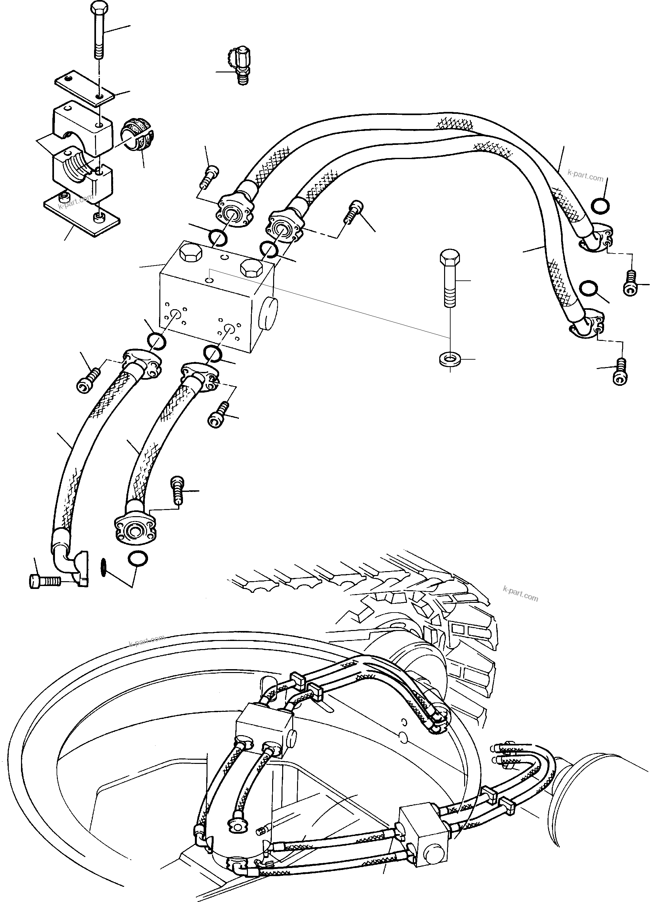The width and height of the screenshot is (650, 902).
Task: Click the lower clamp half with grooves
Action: (81, 171)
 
